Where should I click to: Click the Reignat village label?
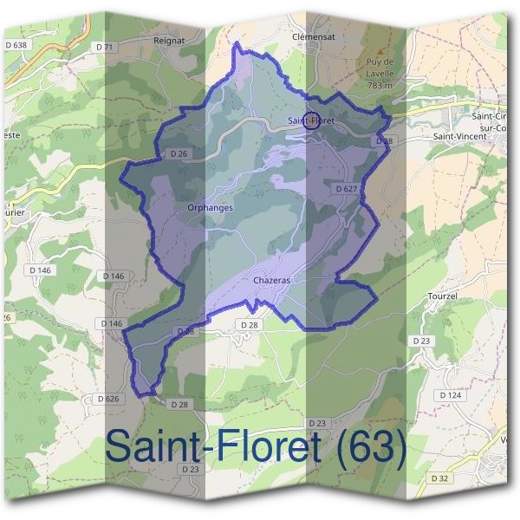click(x=171, y=40)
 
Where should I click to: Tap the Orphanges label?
click(x=210, y=208)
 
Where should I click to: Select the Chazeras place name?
click(x=272, y=281)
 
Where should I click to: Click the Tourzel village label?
click(x=443, y=296)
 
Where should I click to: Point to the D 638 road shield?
click(x=16, y=44)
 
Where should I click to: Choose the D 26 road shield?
click(x=179, y=155)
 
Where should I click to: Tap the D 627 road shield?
click(x=345, y=187)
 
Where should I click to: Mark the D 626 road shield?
click(x=102, y=399)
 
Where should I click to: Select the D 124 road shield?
click(x=450, y=394)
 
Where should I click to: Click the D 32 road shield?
click(x=441, y=477)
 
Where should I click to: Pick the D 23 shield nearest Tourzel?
click(x=421, y=341)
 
